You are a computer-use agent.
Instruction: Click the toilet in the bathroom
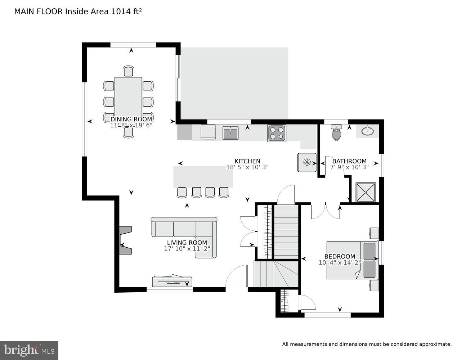tap(336, 133)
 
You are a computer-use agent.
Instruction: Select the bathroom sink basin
tap(367, 131)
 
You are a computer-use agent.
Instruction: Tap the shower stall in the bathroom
tap(366, 193)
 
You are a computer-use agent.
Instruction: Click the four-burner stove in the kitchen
tap(277, 133)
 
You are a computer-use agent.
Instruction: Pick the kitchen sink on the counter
tap(230, 133)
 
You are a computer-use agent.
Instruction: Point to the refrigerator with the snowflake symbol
tap(307, 162)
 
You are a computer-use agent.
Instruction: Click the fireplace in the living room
tap(125, 240)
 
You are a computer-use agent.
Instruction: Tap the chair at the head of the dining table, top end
tap(128, 71)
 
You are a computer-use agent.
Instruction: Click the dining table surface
tap(128, 95)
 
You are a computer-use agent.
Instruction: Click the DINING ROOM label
tap(131, 119)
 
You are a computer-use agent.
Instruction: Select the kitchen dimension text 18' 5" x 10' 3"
tap(247, 167)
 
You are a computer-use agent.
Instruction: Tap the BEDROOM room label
tap(340, 256)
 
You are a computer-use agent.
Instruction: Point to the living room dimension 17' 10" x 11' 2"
tap(187, 248)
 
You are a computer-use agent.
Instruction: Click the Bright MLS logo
tap(29, 350)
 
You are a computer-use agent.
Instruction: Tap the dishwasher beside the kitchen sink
tap(208, 132)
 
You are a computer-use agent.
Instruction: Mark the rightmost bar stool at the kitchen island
tap(224, 192)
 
